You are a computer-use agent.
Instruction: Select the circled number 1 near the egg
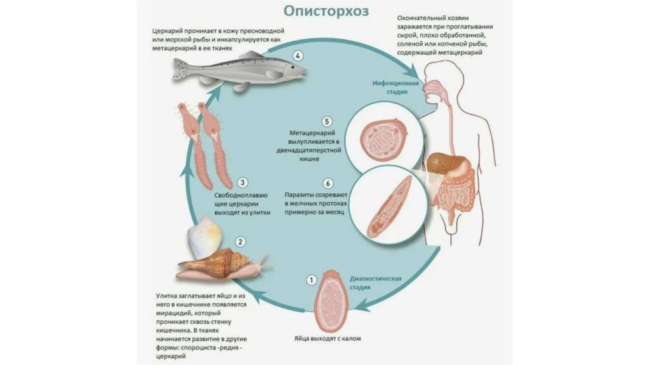point(311,279)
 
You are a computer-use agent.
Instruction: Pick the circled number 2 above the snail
point(240,242)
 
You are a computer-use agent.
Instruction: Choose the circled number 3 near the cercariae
point(241,181)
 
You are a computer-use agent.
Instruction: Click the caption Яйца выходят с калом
point(328,339)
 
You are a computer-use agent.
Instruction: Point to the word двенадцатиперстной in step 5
point(314,151)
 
